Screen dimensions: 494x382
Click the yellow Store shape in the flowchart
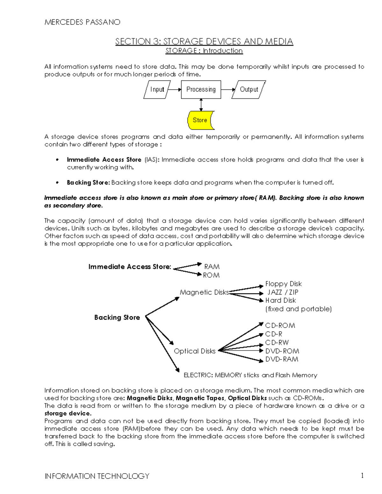coord(201,120)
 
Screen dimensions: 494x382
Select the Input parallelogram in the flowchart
coord(157,89)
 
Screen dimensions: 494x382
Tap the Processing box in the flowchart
coord(201,89)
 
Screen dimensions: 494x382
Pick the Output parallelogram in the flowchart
coord(249,89)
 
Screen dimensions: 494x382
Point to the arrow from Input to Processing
coord(174,90)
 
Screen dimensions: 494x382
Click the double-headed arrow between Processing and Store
coord(201,105)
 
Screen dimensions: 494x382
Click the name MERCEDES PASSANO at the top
coord(82,22)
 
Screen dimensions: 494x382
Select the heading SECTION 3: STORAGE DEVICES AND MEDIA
coord(204,41)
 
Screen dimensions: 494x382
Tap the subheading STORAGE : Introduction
coord(204,51)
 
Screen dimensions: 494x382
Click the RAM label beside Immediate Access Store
coord(212,267)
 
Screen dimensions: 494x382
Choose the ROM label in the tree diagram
coord(211,275)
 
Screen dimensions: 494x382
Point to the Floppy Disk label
coord(283,284)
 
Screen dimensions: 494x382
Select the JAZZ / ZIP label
coord(283,292)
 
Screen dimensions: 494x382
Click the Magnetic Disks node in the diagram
coord(204,292)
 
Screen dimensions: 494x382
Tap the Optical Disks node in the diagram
coord(195,351)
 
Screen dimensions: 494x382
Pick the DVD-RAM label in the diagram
coord(282,359)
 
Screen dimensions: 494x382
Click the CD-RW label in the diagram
coord(277,343)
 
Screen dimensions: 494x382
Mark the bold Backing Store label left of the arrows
coord(117,317)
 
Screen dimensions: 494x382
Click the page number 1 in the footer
coord(362,476)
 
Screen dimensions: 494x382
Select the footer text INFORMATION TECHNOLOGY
coord(97,476)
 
